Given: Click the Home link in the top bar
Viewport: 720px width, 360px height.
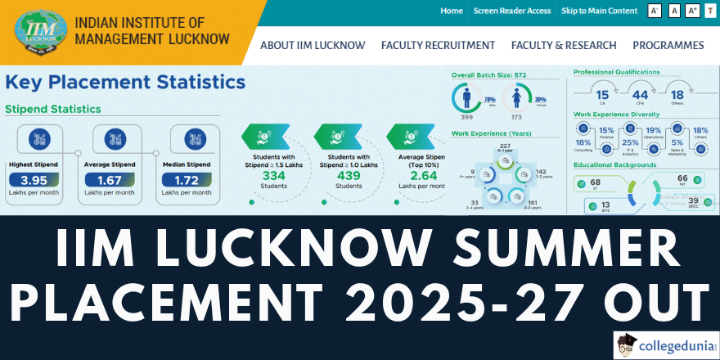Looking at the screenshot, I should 452,11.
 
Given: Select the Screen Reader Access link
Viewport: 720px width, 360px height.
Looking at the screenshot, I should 511,11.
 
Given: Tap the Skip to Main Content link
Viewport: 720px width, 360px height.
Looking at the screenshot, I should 600,11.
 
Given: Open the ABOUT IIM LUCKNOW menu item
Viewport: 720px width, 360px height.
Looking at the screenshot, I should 313,45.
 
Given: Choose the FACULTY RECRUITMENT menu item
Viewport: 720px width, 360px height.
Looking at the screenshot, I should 438,45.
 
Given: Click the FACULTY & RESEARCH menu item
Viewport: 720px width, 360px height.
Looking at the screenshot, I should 564,45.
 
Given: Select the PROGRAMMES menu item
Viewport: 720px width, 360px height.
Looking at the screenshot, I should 668,45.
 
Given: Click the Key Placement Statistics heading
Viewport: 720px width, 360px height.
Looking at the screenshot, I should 125,82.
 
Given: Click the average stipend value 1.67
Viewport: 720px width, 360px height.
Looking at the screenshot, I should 115,180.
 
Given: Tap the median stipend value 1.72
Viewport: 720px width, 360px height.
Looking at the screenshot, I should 194,180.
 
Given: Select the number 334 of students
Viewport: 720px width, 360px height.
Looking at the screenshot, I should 275,174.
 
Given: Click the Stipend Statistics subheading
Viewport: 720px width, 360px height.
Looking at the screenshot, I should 53,109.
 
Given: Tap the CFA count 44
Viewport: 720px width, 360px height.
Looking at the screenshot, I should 641,94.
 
